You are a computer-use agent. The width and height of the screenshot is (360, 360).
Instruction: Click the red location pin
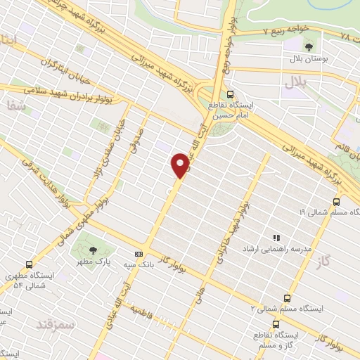(181, 165)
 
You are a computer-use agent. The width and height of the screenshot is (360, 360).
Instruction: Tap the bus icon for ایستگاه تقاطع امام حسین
(230, 95)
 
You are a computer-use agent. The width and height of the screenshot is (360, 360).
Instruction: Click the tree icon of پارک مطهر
(94, 250)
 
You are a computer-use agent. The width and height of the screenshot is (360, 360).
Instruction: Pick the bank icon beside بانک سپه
(139, 254)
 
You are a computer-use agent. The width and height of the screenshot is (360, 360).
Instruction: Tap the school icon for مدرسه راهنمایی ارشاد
(276, 238)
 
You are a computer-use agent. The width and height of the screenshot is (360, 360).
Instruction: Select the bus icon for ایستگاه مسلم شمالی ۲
(286, 297)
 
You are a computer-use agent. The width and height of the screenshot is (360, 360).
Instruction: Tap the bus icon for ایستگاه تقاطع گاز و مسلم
(276, 325)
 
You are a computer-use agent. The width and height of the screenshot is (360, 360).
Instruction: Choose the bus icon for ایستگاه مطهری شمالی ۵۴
(29, 264)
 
